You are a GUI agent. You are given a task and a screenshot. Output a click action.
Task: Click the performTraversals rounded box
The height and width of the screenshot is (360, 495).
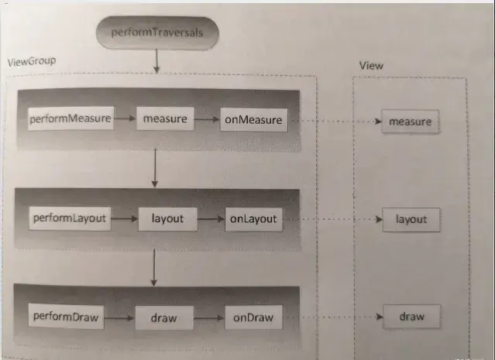[157, 33]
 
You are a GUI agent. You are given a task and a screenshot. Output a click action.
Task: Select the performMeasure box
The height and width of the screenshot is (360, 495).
[70, 118]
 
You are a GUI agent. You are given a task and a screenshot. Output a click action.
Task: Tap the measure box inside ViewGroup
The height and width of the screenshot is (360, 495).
[166, 118]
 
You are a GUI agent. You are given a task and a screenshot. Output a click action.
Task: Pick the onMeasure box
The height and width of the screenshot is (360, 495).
[254, 119]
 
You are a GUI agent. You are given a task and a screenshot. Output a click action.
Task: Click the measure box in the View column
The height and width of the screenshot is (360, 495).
[410, 122]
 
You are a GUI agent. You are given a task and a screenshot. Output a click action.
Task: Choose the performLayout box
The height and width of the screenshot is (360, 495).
[70, 218]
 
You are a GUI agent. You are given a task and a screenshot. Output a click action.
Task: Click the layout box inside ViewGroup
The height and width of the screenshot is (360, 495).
[167, 219]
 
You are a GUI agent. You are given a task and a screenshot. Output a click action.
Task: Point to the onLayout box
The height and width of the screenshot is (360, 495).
[253, 219]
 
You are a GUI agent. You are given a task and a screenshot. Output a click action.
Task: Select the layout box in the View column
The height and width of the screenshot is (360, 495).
[411, 220]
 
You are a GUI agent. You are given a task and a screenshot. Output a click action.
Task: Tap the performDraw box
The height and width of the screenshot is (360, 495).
[66, 316]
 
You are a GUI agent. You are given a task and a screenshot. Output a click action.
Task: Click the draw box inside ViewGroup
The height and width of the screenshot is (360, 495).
[164, 317]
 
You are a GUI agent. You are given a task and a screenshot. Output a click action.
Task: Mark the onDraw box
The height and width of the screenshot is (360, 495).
[253, 317]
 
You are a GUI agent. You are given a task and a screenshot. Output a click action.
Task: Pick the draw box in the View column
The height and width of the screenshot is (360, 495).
[411, 317]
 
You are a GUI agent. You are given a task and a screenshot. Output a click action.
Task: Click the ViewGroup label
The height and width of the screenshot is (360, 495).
[32, 61]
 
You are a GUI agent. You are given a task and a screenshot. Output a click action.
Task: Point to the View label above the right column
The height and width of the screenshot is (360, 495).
[371, 66]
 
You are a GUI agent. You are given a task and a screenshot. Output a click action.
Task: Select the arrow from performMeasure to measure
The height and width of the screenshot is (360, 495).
[125, 118]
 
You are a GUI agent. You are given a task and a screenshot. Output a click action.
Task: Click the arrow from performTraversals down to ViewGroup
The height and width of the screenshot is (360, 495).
[156, 61]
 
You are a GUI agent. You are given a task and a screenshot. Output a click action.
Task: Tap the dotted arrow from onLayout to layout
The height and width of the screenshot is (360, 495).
[333, 219]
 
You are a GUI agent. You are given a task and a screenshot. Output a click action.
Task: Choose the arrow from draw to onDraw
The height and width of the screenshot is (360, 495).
[209, 318]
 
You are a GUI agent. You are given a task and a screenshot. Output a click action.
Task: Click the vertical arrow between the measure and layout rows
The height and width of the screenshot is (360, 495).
[155, 168]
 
